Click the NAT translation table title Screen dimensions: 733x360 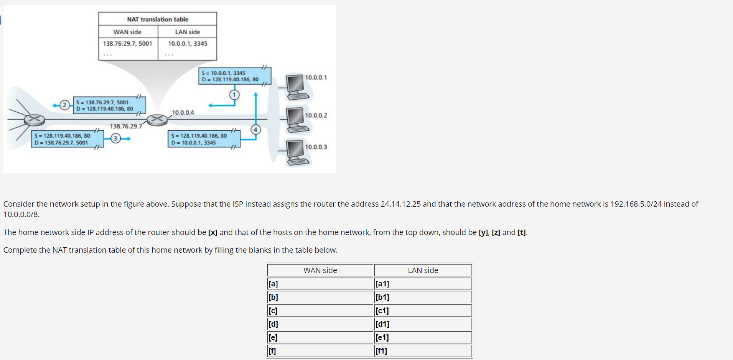(x=158, y=19)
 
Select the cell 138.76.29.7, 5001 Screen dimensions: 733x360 (x=127, y=43)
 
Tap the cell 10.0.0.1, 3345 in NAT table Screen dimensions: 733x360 (x=188, y=43)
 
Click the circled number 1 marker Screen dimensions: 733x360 (x=234, y=94)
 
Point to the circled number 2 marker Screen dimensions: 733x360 (x=65, y=105)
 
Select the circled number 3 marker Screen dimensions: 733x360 (x=115, y=138)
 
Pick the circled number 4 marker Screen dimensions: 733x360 (x=256, y=130)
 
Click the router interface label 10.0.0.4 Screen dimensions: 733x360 (x=183, y=112)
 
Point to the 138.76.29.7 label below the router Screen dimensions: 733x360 (x=126, y=126)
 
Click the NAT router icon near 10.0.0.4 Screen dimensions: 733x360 (x=157, y=120)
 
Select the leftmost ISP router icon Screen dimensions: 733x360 (x=35, y=120)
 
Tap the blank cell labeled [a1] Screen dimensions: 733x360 (x=423, y=284)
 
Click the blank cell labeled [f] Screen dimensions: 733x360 (x=320, y=351)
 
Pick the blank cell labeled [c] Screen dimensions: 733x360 (x=320, y=311)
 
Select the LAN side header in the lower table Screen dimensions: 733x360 (x=423, y=270)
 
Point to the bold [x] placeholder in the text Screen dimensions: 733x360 (x=212, y=232)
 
